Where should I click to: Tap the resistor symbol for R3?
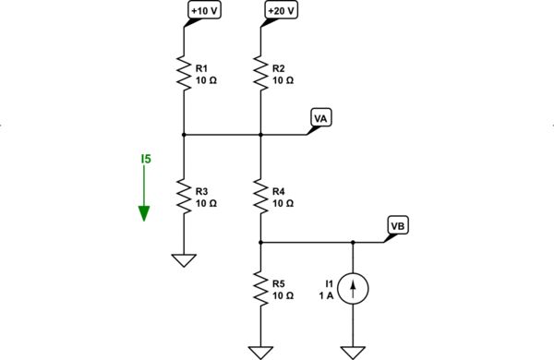point(184,196)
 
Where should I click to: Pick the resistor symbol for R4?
point(261,196)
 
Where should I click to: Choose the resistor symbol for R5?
point(261,289)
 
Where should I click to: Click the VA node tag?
point(321,119)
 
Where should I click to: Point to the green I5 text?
point(145,160)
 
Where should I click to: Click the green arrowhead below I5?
point(145,213)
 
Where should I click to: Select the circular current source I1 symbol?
point(353,289)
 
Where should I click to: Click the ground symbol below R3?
point(184,260)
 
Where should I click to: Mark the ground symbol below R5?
point(261,352)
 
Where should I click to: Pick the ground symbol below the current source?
point(353,352)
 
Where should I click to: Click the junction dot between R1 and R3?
point(184,135)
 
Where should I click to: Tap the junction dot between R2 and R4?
point(261,135)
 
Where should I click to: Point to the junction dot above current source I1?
point(353,243)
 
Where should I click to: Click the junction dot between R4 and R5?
point(261,243)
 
